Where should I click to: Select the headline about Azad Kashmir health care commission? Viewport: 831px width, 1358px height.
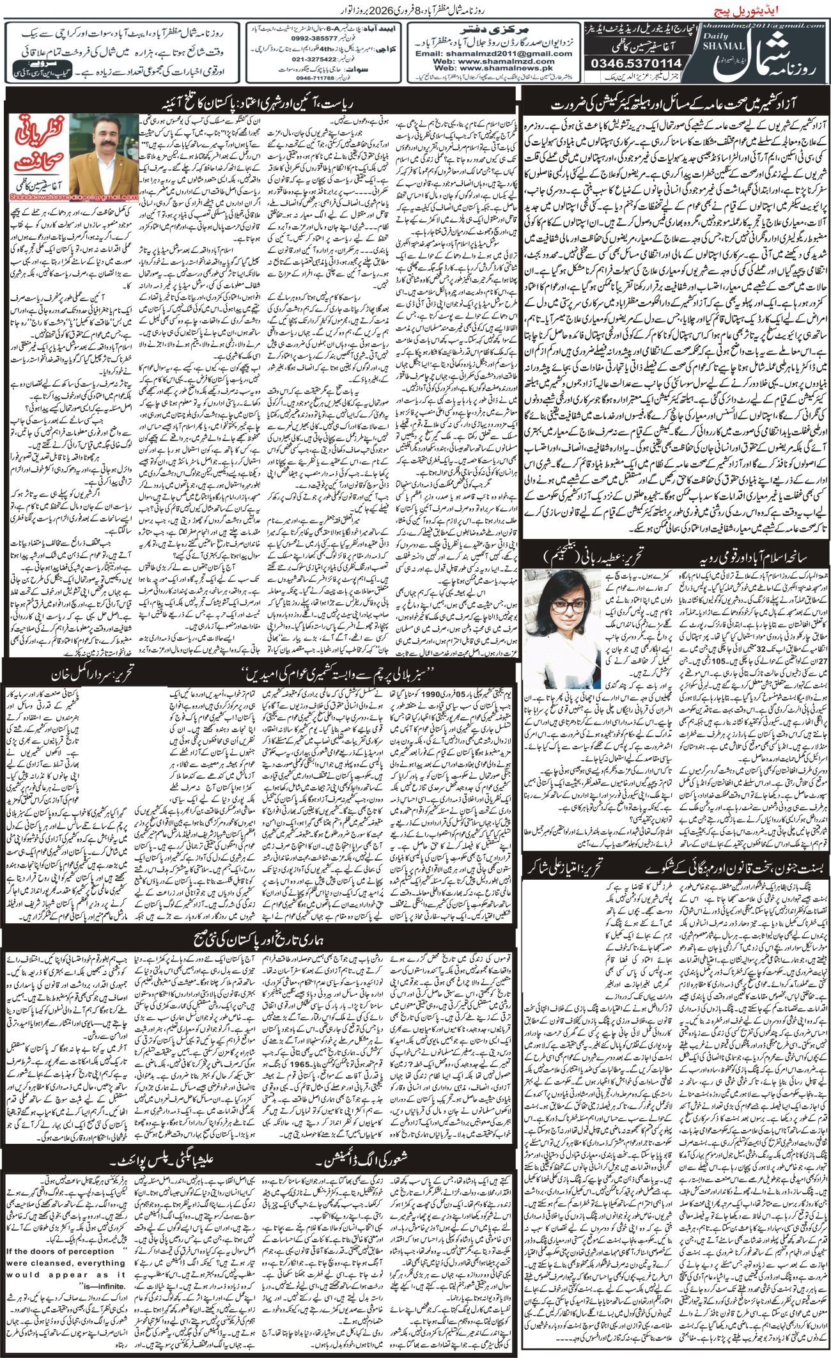[x=676, y=102]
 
